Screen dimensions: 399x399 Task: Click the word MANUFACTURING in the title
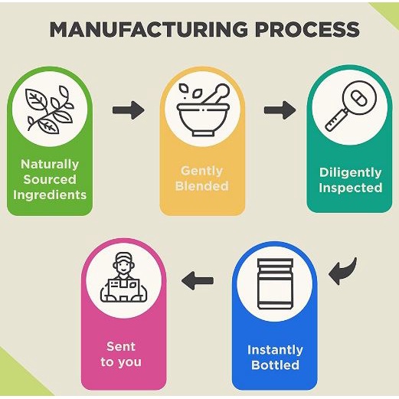click(149, 29)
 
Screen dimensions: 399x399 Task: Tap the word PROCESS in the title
click(307, 29)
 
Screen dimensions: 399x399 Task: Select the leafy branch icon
click(50, 110)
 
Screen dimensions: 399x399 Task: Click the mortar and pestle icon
click(204, 110)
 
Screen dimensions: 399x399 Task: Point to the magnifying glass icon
click(351, 106)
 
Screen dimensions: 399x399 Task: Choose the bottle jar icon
click(275, 284)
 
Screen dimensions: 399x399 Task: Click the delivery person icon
click(124, 277)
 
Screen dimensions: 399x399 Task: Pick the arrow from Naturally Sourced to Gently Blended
click(129, 110)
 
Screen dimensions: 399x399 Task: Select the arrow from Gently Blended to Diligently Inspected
click(280, 110)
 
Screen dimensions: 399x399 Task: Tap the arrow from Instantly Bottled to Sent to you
click(198, 280)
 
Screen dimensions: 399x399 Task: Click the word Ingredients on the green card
click(50, 195)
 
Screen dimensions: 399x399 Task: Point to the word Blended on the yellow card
click(202, 185)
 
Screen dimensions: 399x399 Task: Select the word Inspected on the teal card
click(351, 188)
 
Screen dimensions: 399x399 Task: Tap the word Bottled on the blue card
click(275, 365)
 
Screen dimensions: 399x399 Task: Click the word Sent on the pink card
click(121, 346)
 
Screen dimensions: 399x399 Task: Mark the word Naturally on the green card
click(50, 165)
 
